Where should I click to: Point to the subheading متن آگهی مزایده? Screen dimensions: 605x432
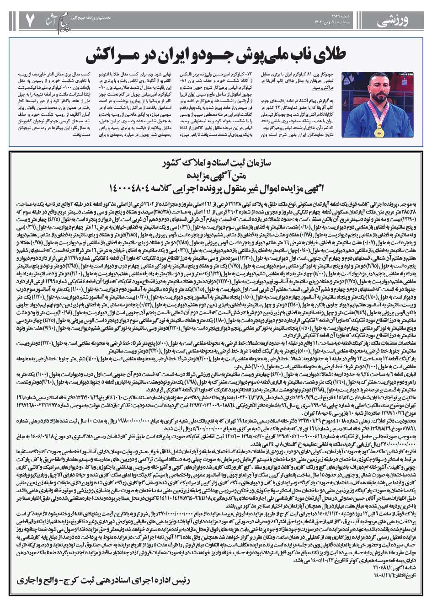216,175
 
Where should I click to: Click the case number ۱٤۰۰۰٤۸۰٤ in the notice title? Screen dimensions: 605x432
132,188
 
